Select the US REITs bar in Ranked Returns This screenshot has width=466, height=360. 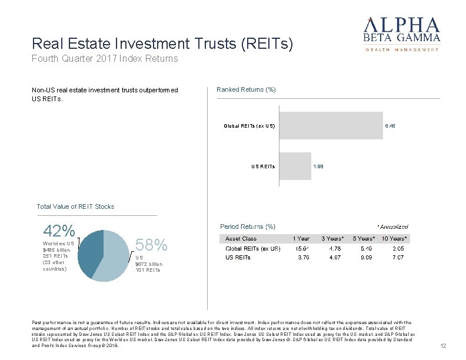point(295,166)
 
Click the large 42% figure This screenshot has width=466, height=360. point(59,231)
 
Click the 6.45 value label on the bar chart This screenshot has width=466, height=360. point(390,125)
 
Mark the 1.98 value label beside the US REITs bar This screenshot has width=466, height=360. point(318,166)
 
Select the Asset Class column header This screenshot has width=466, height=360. point(241,239)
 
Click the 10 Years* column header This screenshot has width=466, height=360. point(394,239)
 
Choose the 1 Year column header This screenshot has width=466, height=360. point(301,239)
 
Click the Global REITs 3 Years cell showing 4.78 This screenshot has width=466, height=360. point(332,249)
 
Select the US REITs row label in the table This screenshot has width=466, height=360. point(238,257)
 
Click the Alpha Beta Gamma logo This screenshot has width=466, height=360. point(402,34)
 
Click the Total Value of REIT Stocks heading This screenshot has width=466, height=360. point(75,206)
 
